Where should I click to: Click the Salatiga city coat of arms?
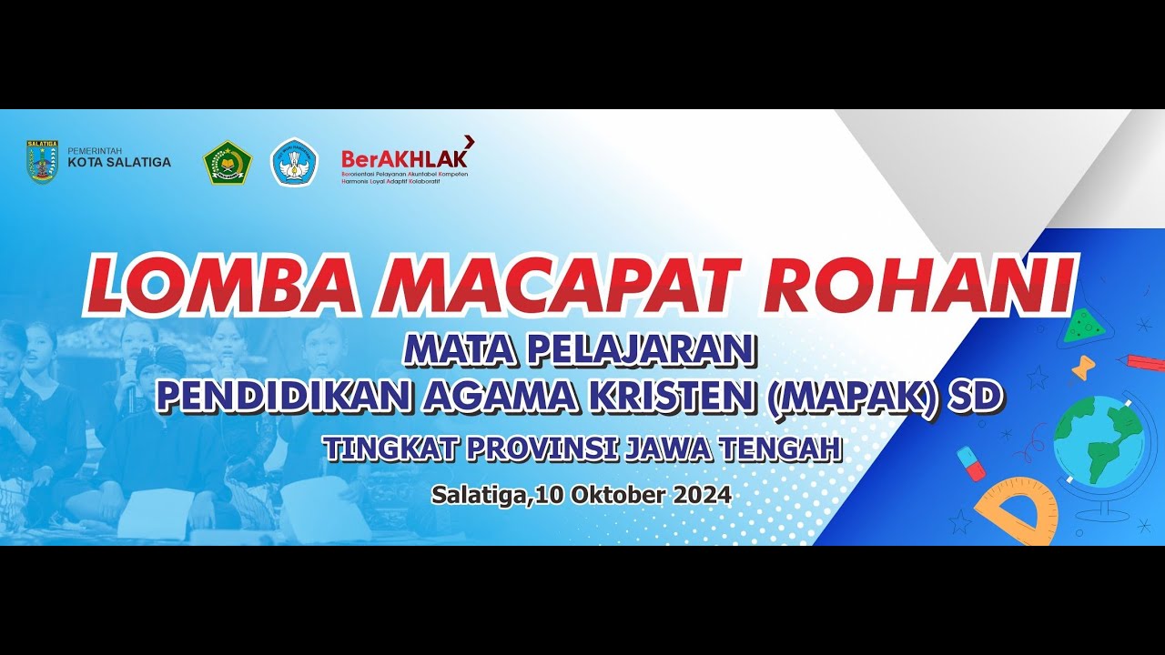click(43, 162)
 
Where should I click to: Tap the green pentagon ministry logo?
click(227, 162)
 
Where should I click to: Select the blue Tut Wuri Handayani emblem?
click(294, 162)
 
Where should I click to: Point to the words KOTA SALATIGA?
click(119, 163)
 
